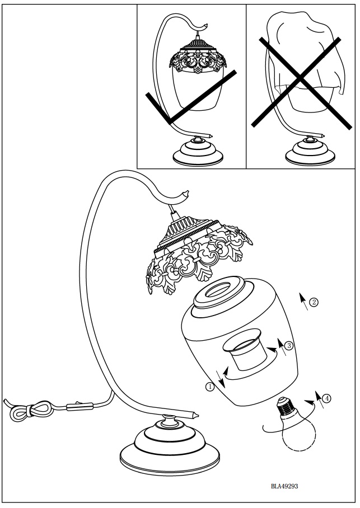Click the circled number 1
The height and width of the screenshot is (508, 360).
[209, 387]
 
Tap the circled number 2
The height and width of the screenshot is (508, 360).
[314, 302]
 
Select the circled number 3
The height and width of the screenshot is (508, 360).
[289, 346]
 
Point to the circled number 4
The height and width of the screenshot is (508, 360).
[327, 398]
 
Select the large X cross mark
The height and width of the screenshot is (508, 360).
[301, 81]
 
